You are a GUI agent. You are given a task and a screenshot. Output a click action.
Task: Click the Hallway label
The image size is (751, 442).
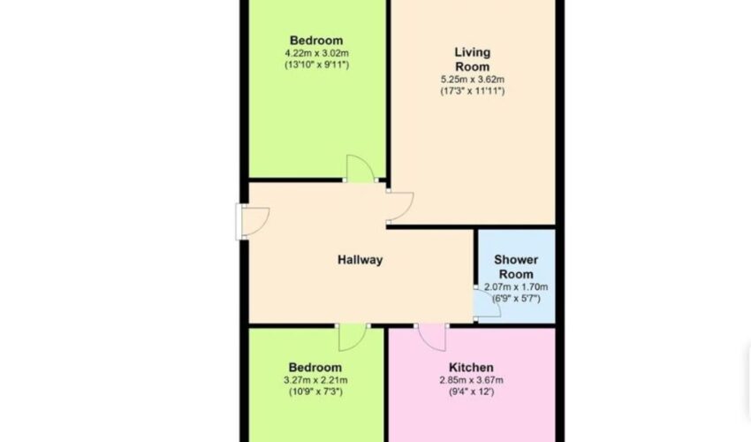pos(360,260)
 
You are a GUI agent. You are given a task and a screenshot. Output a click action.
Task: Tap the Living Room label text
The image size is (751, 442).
pos(473,59)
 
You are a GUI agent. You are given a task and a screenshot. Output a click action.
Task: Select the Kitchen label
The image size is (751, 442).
pos(471,368)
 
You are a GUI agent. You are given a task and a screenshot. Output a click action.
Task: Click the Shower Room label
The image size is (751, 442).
pos(516,267)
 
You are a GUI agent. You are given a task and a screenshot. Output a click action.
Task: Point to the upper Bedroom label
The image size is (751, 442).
pos(316,41)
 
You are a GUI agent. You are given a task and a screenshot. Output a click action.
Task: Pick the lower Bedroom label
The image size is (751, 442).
pos(315,368)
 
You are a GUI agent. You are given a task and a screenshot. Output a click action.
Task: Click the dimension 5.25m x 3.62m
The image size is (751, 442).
pos(473,80)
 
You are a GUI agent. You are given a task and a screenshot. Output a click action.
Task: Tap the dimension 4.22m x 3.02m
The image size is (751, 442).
pos(316,53)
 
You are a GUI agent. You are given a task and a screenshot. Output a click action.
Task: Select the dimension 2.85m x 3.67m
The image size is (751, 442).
pos(471,381)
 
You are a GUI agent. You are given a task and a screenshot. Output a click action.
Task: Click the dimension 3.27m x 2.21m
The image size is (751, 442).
pos(315,381)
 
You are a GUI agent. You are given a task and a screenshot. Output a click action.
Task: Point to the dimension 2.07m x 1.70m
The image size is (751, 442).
pos(516,287)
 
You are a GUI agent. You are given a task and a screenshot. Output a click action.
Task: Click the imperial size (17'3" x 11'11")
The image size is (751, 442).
pos(473,91)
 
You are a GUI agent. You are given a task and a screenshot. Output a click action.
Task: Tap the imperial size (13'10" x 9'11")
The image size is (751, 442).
pos(316,65)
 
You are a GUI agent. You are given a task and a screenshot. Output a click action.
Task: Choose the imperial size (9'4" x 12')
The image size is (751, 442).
pos(471,392)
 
